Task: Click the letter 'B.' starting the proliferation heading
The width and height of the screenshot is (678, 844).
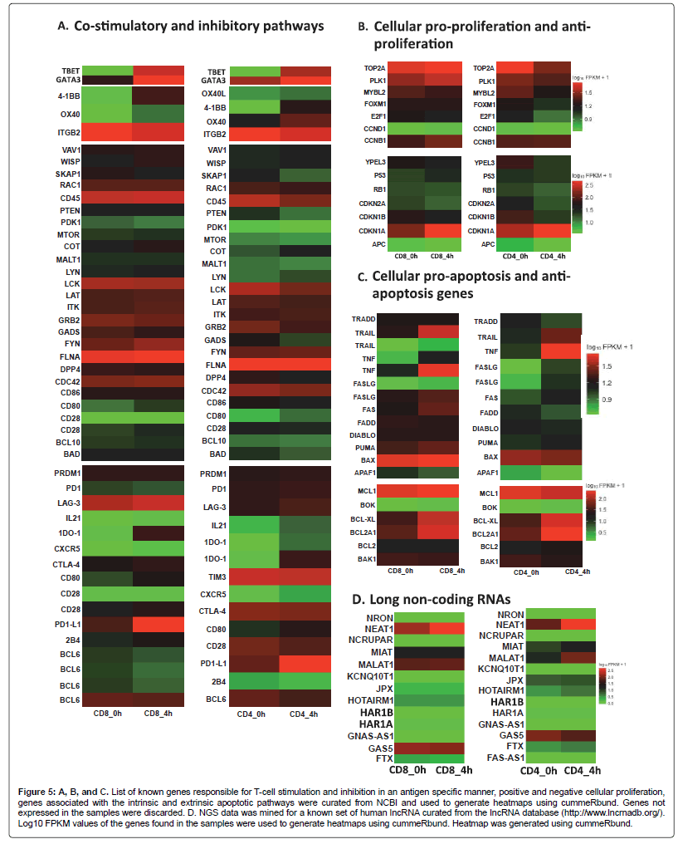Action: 363,27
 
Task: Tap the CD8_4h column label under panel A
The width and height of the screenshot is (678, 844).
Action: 157,714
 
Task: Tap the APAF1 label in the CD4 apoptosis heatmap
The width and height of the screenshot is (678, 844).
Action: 487,472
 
